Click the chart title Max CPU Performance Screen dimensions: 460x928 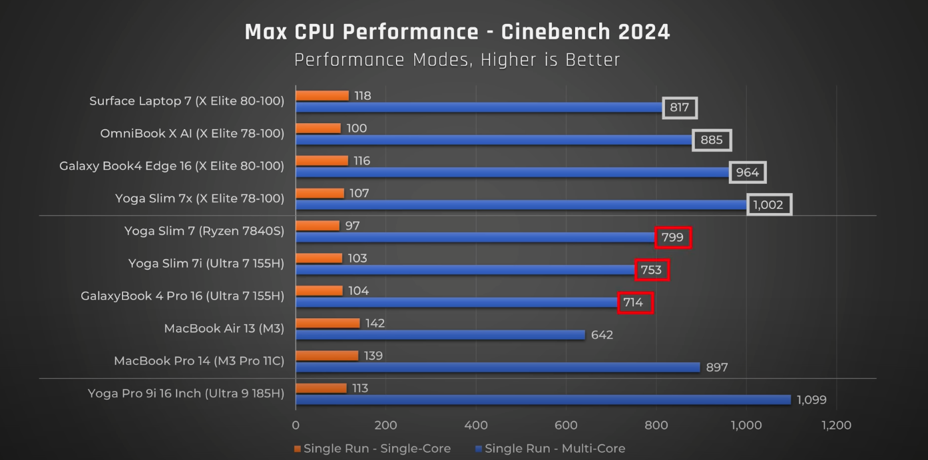point(457,31)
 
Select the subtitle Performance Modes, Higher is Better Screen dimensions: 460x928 point(457,60)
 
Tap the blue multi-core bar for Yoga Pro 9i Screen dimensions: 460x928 point(543,399)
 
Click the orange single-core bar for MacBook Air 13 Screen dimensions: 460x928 point(328,323)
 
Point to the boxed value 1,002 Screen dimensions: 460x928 point(768,205)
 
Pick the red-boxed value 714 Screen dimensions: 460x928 point(633,303)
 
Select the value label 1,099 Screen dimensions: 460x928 point(812,400)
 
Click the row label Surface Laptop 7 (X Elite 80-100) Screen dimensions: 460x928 point(187,101)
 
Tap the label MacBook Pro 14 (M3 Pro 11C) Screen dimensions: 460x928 point(199,361)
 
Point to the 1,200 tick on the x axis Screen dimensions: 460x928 point(836,425)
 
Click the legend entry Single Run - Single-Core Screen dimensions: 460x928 point(372,449)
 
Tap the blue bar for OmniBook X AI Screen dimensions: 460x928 point(493,140)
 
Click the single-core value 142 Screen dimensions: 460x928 point(375,323)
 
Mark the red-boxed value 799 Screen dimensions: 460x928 point(672,237)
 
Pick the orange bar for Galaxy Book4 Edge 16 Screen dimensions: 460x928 point(322,160)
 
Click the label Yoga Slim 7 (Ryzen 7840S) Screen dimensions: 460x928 point(204,231)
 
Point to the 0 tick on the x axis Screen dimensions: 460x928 point(296,425)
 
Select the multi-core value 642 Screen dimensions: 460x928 point(602,335)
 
